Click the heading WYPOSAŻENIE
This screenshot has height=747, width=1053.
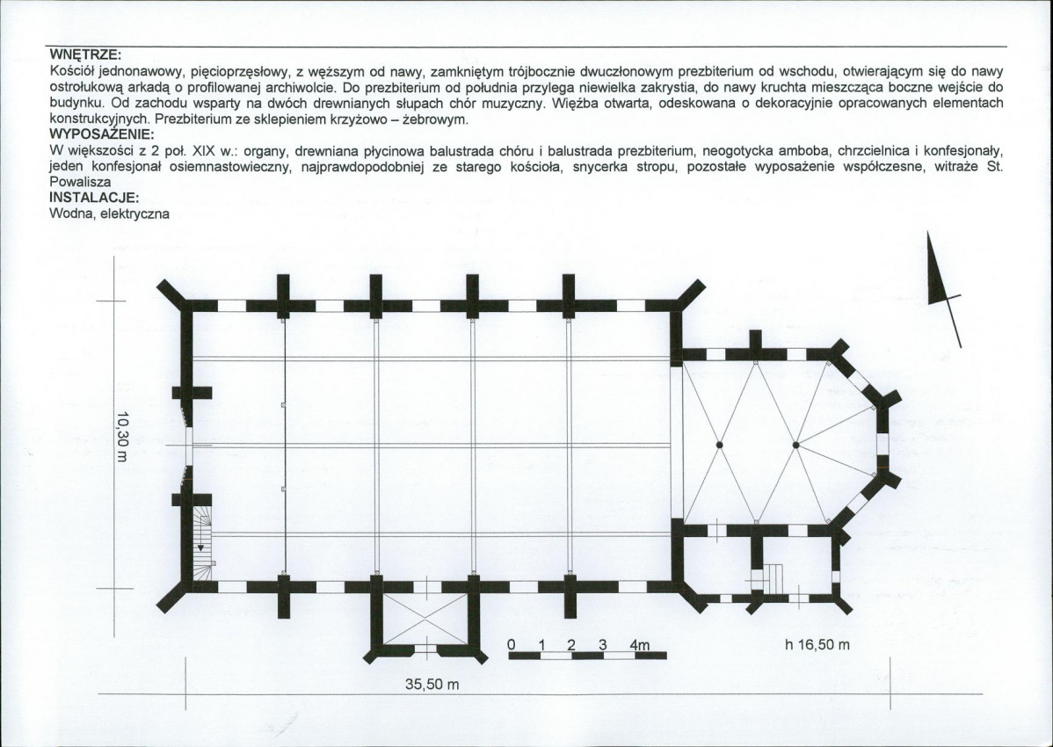[x=102, y=134]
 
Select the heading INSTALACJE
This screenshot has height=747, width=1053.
[x=95, y=198]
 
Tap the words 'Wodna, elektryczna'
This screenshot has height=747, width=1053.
[x=110, y=214]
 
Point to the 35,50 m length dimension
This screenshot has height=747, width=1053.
[x=432, y=685]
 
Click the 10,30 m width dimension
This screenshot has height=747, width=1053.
[x=121, y=437]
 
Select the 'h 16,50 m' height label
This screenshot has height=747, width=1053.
[x=817, y=645]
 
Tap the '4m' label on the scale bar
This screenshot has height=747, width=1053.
[x=640, y=645]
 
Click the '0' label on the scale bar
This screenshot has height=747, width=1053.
[x=511, y=644]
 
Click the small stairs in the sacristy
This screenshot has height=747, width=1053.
[x=772, y=578]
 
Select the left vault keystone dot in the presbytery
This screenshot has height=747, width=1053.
[x=719, y=445]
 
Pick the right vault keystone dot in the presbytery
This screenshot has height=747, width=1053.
[x=795, y=445]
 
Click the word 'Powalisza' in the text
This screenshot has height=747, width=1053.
[x=81, y=182]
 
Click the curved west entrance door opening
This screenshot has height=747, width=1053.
[x=186, y=445]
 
